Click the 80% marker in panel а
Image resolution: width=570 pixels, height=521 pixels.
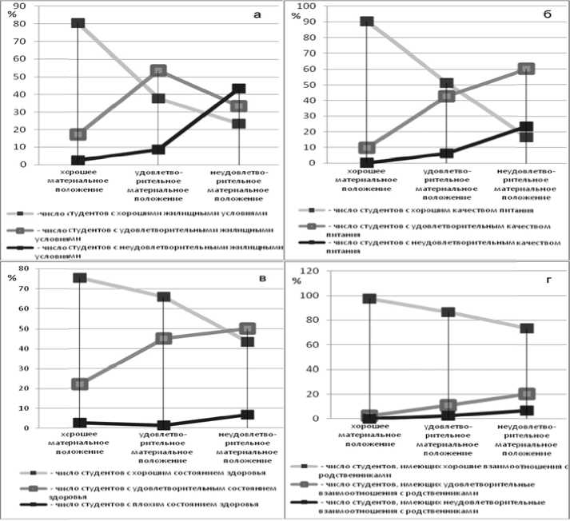78,23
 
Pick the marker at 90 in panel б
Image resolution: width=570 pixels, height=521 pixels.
367,22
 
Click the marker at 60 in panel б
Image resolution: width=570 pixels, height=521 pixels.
527,69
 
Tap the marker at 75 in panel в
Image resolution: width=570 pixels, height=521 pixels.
81,278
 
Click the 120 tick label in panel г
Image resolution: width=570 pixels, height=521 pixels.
309,272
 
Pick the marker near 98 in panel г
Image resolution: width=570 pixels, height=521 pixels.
369,299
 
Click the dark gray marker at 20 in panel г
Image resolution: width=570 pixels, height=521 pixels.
527,394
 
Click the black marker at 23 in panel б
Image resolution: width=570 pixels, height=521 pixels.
526,127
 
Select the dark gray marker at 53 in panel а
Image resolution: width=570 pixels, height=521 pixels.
159,71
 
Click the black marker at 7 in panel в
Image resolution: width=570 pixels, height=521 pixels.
248,415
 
